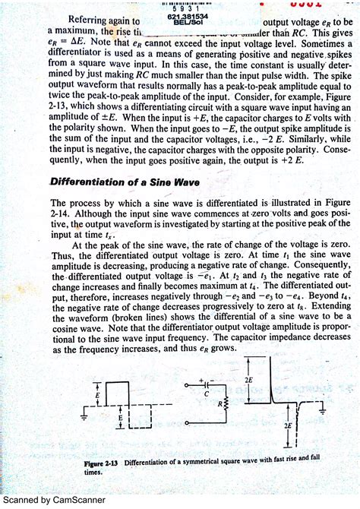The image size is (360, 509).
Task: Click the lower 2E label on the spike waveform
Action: [289, 426]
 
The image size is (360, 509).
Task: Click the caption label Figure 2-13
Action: [101, 463]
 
